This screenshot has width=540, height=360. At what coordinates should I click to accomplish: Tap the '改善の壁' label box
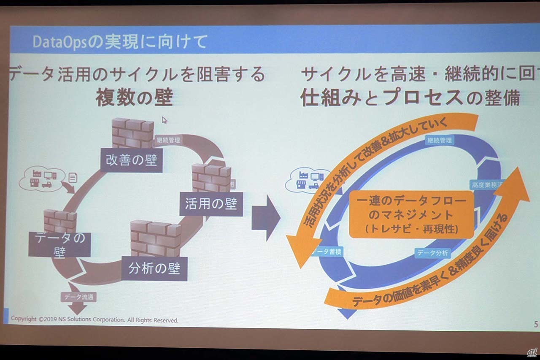pos(132,160)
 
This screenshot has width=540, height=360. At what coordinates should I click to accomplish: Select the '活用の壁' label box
pos(211,204)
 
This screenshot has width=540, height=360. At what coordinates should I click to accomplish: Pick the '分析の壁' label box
pos(154,268)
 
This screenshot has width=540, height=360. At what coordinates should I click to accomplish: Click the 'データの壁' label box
pos(59,244)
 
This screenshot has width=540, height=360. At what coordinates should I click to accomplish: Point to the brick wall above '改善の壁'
pos(132,133)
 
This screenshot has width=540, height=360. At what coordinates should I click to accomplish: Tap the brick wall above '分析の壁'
pos(156,238)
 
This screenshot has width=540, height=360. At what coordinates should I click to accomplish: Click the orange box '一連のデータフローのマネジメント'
pos(411,214)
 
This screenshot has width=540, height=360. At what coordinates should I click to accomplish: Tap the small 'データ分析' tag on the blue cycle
pos(432,253)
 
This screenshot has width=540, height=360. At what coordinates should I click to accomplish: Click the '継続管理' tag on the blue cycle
pos(440,141)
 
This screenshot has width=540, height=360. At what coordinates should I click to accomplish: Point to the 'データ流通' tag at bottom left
pos(78,297)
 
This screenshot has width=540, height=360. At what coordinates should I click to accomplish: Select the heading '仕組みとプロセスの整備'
pos(409,98)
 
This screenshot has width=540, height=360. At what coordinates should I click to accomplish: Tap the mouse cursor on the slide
pos(164,120)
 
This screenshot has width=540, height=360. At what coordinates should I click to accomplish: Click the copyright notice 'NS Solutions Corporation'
pos(95,320)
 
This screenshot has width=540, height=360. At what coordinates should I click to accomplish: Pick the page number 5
pos(535,324)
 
